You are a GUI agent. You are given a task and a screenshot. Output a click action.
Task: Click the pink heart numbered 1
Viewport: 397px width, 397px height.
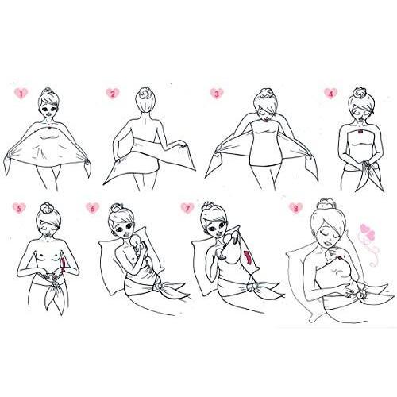(21, 94)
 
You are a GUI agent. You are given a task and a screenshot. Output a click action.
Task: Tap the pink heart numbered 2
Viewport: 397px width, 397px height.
(113, 94)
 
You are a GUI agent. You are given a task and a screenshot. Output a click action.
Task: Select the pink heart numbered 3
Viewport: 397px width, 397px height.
(217, 94)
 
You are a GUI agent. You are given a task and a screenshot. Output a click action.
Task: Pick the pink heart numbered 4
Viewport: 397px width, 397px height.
(331, 93)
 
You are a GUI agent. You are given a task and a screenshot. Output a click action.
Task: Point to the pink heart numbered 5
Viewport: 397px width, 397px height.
(19, 208)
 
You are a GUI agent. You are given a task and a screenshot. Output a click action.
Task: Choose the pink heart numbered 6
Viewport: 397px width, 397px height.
(92, 208)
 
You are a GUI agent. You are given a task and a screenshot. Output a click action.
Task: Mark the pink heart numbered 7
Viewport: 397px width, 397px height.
(187, 208)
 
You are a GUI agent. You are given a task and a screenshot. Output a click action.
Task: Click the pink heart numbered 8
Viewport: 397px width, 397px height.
(295, 208)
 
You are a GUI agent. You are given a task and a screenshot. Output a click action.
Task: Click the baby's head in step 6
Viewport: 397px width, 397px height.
(136, 241)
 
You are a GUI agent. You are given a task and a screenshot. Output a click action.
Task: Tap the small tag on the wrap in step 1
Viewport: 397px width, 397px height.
(49, 129)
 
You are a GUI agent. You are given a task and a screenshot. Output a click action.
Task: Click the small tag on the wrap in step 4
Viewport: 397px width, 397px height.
(361, 131)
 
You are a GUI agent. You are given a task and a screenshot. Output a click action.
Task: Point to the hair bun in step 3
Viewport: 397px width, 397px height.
(265, 94)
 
